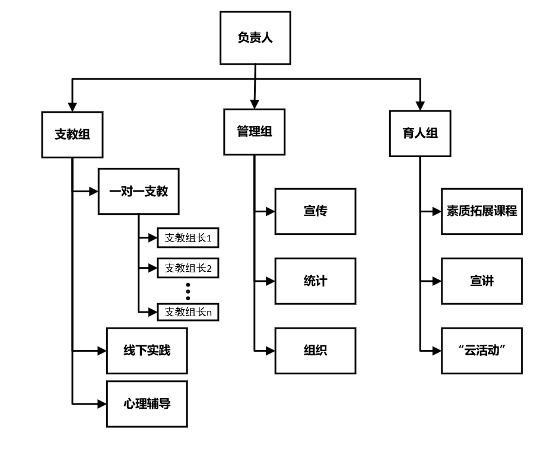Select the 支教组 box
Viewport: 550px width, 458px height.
72,134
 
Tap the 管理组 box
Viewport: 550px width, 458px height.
255,132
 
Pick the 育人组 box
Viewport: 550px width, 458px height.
420,133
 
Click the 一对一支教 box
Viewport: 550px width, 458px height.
138,191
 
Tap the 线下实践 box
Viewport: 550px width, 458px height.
147,351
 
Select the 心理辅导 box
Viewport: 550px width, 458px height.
147,403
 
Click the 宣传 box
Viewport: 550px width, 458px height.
315,211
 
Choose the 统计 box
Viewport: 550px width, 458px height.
315,281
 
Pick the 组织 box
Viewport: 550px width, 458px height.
315,351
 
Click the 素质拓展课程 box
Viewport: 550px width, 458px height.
482,211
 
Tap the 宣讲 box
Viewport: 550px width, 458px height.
482,281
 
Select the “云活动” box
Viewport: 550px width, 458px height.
482,351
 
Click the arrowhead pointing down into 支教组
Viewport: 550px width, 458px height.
72,105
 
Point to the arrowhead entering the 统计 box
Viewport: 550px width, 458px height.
270,281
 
